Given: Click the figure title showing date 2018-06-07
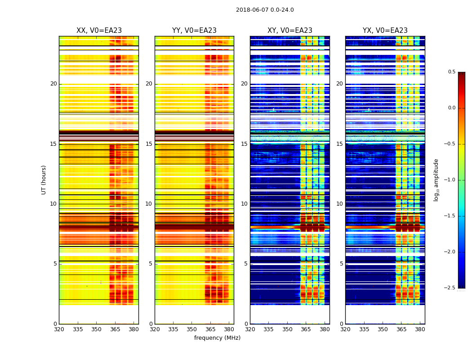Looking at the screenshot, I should (x=265, y=10).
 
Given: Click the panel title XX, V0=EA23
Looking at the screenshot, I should (x=99, y=31).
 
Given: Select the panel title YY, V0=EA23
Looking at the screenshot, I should (x=194, y=31).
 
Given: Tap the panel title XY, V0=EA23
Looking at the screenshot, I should (x=290, y=31).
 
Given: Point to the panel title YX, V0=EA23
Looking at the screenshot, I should (x=385, y=31).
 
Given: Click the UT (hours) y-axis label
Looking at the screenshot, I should (x=44, y=180).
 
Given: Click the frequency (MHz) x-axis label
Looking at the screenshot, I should (x=217, y=338).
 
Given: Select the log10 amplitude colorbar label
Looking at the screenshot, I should (x=436, y=180).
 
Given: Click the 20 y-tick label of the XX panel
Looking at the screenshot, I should (x=53, y=84).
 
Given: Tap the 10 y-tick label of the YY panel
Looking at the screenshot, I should (x=149, y=204).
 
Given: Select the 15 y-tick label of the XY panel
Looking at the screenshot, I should (x=245, y=144).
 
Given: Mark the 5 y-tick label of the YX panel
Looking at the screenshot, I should (x=342, y=264).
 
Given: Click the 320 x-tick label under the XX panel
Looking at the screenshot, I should (x=59, y=329).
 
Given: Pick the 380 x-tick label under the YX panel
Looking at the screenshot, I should (x=420, y=329).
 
